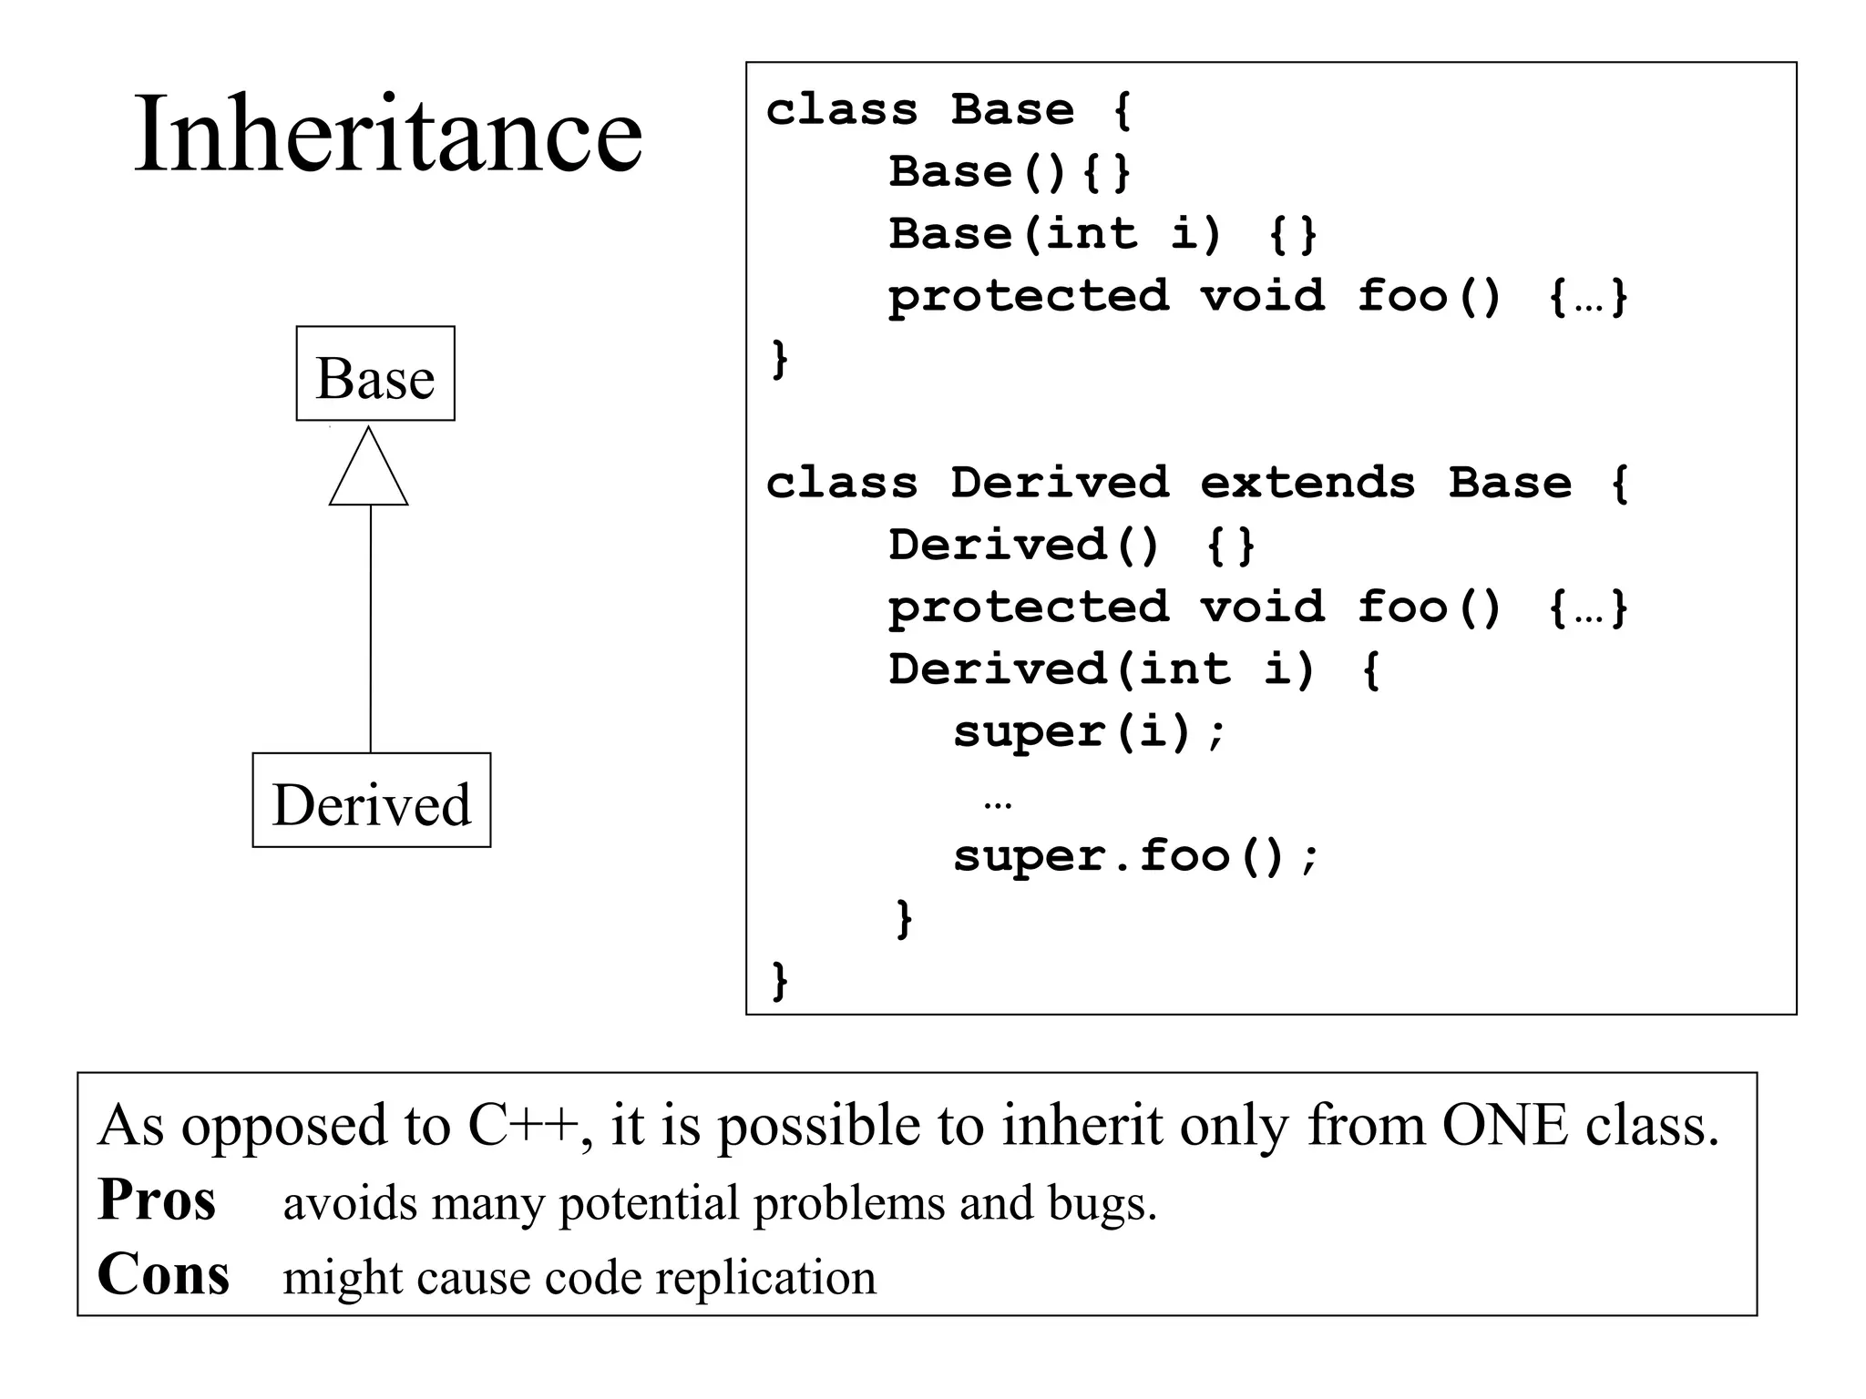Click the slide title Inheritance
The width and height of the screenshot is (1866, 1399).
pos(388,135)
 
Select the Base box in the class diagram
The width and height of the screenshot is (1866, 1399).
pos(375,374)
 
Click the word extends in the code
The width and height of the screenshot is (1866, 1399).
pos(1307,483)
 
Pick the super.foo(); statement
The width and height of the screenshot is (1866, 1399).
pos(1135,857)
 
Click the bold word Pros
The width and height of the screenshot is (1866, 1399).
pos(157,1200)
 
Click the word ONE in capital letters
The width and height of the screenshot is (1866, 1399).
pos(1504,1126)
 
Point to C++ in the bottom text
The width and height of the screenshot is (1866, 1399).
pos(523,1126)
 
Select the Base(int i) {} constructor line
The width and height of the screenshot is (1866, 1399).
pos(1102,234)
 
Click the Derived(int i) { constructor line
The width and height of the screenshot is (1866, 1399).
pos(1134,670)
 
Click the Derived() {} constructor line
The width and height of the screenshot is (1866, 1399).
pos(1071,546)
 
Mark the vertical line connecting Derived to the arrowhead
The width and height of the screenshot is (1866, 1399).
pos(371,628)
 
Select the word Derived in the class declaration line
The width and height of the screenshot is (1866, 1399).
pos(1060,483)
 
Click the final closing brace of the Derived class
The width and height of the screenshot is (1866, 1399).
pos(780,980)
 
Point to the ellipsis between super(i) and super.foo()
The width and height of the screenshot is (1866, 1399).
pos(998,804)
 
